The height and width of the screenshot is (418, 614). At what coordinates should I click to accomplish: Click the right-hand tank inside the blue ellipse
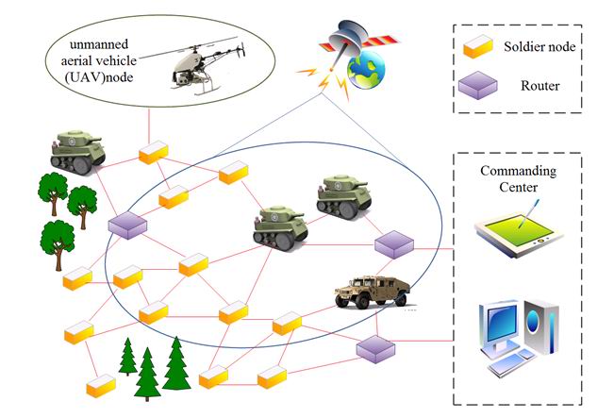click(x=343, y=195)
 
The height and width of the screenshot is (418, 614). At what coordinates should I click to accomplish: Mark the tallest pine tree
click(x=175, y=364)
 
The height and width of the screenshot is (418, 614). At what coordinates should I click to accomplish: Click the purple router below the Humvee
click(x=373, y=349)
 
